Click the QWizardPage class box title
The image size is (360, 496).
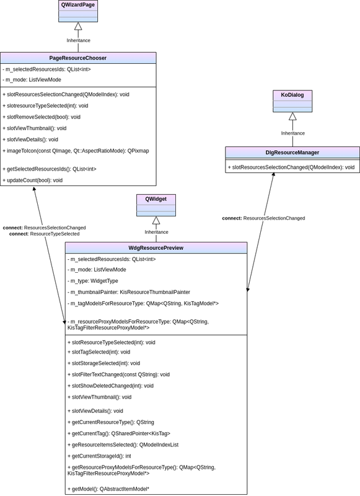[78, 5]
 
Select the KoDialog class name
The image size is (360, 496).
[292, 95]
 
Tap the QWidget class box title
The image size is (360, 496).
[156, 199]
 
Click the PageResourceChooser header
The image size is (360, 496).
[77, 58]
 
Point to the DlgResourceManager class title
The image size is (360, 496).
[292, 153]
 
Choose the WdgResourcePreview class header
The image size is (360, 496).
[156, 248]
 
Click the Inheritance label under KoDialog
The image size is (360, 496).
[293, 133]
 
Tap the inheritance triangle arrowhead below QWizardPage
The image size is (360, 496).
[78, 26]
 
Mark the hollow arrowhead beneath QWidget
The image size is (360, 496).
[156, 221]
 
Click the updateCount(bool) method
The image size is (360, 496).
[33, 180]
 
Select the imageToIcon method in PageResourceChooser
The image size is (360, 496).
[76, 151]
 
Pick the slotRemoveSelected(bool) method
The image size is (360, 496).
[42, 117]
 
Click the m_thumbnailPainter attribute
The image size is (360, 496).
[129, 292]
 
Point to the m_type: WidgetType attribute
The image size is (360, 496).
[93, 281]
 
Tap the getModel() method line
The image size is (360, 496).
[108, 489]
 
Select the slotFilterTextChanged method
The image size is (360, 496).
[118, 374]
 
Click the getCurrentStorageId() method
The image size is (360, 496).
[99, 456]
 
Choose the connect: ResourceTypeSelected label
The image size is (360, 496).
[44, 234]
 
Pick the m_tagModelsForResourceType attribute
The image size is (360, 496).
[143, 304]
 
